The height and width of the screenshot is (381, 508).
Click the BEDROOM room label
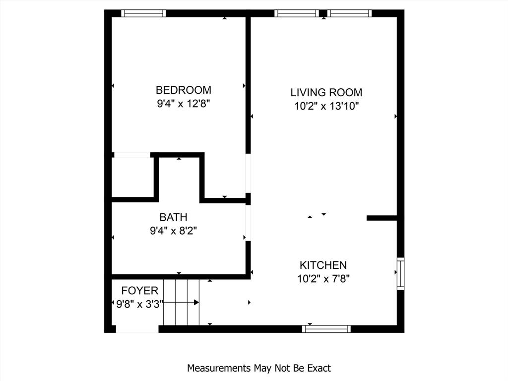tap(183, 90)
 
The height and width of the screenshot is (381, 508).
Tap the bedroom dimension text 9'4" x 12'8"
tap(183, 104)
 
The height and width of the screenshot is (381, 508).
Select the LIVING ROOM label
tap(326, 92)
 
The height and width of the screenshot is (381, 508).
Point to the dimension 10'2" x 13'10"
tap(326, 106)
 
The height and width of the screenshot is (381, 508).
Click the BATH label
tap(173, 217)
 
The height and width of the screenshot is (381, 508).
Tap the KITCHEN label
tap(323, 265)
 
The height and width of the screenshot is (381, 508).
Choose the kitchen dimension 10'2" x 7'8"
tap(323, 279)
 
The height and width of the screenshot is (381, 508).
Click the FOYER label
tap(140, 291)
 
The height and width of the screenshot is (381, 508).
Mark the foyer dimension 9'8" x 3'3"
tap(139, 304)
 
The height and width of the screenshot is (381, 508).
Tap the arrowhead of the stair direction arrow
tap(196, 302)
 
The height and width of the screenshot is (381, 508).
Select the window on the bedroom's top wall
tap(143, 13)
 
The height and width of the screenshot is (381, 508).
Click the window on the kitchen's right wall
tap(400, 273)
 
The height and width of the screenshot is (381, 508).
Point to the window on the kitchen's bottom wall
tap(326, 329)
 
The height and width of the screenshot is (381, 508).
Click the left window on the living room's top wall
tap(297, 13)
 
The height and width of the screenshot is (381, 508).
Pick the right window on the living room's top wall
tap(349, 13)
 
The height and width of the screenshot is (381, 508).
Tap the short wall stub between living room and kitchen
tap(381, 218)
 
